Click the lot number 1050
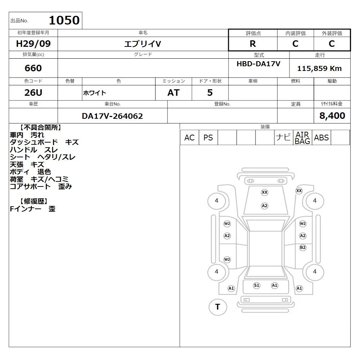point(64,20)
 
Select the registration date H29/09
point(33,44)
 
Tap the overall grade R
point(253,44)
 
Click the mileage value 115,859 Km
point(319,68)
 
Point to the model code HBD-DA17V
point(258,64)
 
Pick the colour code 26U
point(33,93)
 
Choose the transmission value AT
point(174,93)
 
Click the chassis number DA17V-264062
point(112,116)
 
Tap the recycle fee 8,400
point(332,116)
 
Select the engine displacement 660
point(33,68)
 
